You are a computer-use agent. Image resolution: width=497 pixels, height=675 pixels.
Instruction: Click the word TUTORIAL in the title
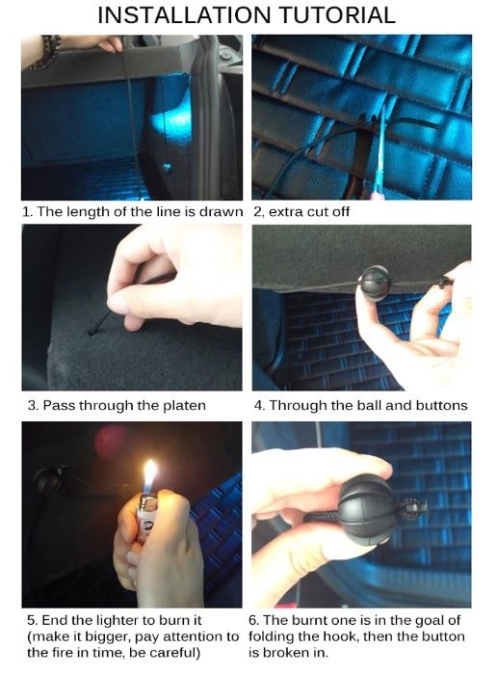(x=337, y=15)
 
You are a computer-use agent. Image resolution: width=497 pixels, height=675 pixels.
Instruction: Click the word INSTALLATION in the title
(x=184, y=15)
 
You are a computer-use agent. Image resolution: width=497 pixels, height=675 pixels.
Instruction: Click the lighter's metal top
(x=148, y=501)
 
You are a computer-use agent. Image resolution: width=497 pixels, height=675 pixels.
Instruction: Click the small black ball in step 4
(x=374, y=282)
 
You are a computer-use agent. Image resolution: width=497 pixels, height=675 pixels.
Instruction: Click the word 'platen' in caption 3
(x=184, y=406)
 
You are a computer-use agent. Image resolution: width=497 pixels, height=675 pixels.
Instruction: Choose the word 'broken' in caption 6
(x=288, y=653)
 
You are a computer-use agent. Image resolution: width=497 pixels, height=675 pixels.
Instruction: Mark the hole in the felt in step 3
(x=92, y=332)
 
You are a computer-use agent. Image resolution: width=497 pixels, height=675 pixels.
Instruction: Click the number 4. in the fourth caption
(x=260, y=406)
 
